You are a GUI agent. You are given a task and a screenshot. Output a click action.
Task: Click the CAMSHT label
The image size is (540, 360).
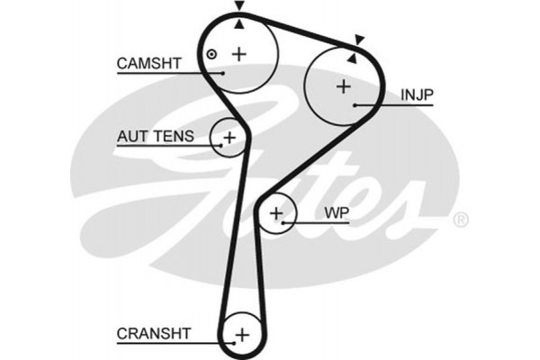(149, 63)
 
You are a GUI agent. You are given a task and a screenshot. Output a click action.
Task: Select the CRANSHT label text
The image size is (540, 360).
(154, 333)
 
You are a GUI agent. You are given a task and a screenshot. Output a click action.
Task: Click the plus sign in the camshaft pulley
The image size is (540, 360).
(239, 54)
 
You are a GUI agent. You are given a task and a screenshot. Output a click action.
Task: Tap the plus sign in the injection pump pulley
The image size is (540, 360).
(343, 87)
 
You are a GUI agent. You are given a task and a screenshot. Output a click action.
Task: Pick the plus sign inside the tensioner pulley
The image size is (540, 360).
(229, 138)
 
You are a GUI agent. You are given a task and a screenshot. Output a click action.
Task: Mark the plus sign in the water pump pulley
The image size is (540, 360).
(277, 213)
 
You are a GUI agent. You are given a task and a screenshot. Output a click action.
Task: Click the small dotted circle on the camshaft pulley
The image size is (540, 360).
(211, 54)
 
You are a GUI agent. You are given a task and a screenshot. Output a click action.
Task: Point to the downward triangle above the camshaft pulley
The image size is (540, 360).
(239, 6)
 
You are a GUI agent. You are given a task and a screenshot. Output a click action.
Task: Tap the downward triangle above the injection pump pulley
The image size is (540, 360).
(359, 39)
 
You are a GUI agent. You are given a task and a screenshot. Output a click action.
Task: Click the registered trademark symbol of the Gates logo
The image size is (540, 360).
(460, 220)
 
